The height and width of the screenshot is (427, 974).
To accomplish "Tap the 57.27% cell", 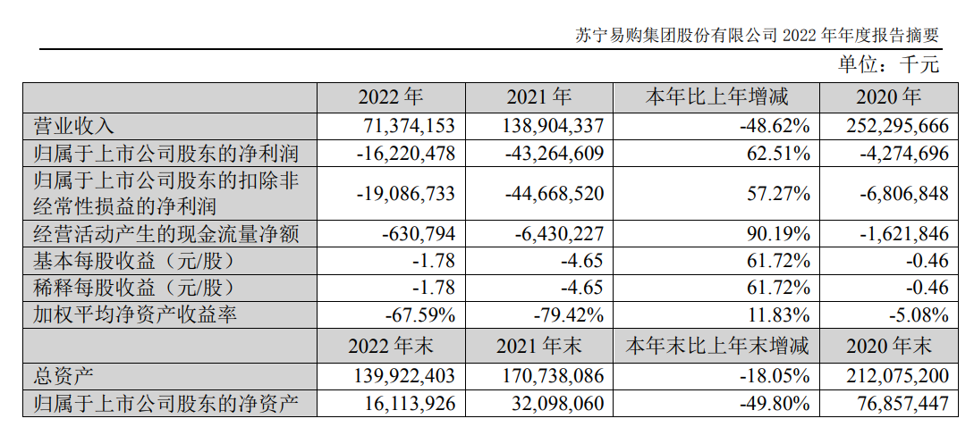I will [x=780, y=194].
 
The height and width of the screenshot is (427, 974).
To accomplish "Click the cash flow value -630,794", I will [x=418, y=235].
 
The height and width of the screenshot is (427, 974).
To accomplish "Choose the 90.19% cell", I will [x=780, y=235].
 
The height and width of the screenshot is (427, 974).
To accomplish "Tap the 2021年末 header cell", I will [x=538, y=345].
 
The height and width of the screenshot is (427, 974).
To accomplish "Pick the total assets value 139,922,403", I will [x=399, y=375].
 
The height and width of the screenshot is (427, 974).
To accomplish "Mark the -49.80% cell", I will [x=775, y=404].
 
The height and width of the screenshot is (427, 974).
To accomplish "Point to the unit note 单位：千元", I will [x=888, y=64].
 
